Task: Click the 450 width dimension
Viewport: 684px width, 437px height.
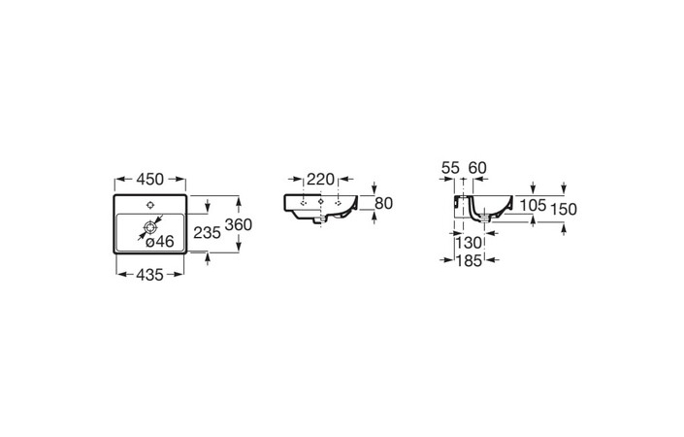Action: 150,179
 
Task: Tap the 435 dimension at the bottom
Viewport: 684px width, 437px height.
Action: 149,275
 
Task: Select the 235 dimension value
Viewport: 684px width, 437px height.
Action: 208,233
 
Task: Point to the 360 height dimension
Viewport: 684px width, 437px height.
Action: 238,224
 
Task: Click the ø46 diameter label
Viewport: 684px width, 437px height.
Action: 160,241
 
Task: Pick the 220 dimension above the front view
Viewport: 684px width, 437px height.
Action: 320,179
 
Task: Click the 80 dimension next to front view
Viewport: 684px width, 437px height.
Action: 384,203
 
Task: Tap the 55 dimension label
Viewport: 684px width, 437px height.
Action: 450,168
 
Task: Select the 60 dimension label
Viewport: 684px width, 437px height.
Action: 477,168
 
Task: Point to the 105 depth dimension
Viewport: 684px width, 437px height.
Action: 533,205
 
